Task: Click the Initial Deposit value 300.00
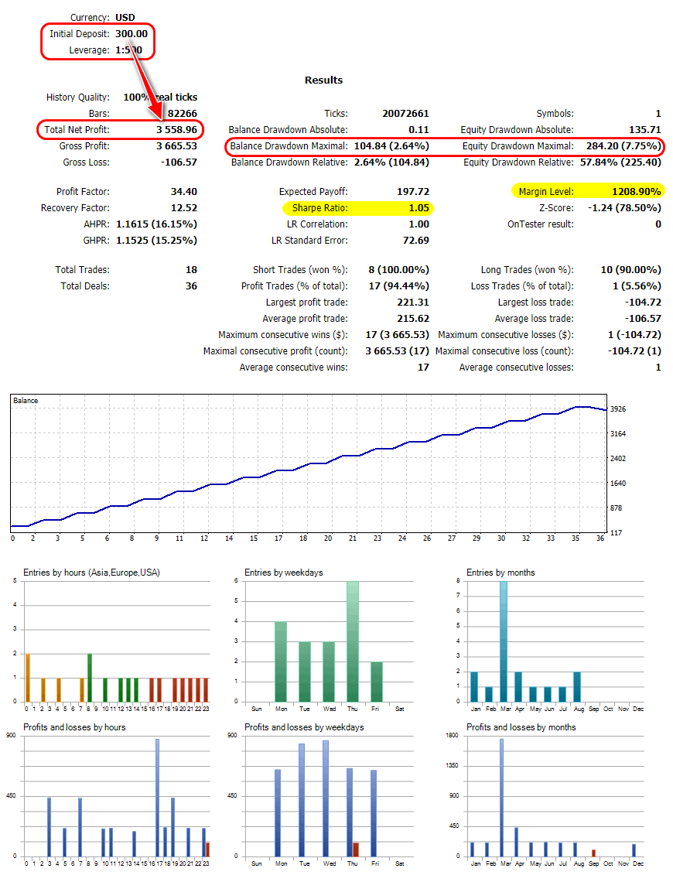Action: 131,34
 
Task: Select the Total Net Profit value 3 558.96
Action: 176,129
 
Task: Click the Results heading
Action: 323,80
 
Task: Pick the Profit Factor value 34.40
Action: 183,191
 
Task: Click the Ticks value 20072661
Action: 405,114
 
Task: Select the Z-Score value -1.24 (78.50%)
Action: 625,208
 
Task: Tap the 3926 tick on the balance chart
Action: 617,409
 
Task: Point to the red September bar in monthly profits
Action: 593,853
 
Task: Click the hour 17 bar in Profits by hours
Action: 157,797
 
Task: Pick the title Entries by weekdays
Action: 283,573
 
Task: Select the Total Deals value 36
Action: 190,286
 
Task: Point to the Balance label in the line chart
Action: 26,401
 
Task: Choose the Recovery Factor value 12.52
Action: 183,208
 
